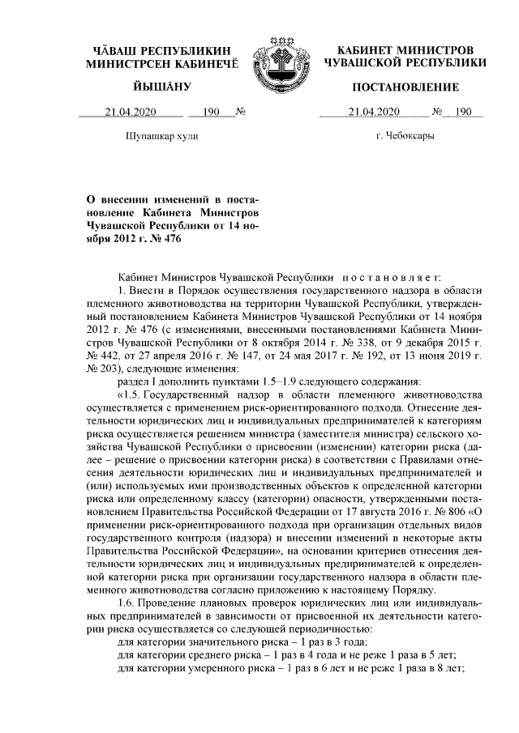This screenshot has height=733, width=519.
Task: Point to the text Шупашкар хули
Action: coord(157,136)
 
